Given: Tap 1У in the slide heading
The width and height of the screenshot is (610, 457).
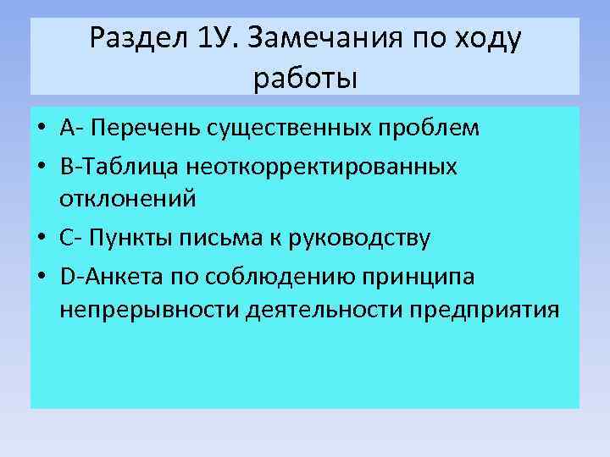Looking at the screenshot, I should [x=213, y=38].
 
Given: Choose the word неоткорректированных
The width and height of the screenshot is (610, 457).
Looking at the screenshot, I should [x=318, y=166].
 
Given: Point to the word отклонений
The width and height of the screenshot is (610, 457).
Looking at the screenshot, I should [x=127, y=200].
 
